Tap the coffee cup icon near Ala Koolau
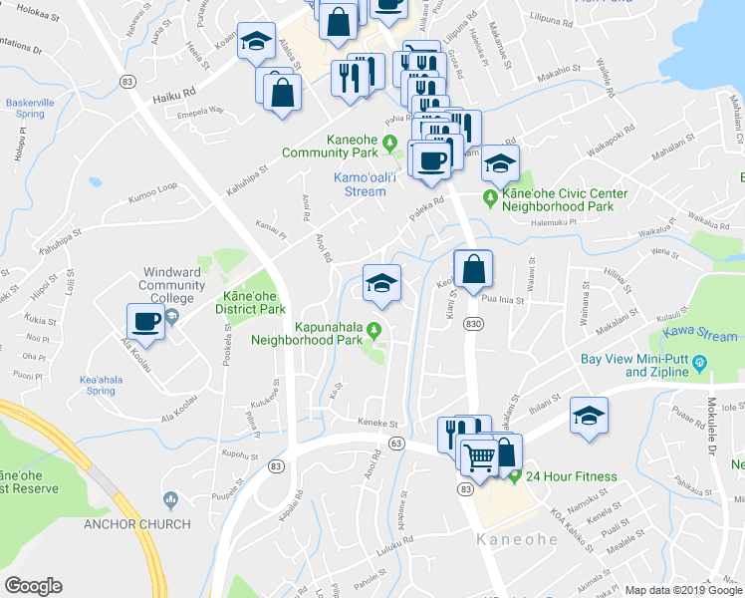click(145, 321)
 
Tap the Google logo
click(33, 586)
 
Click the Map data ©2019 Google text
click(682, 590)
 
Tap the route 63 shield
click(397, 443)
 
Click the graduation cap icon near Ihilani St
click(589, 416)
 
